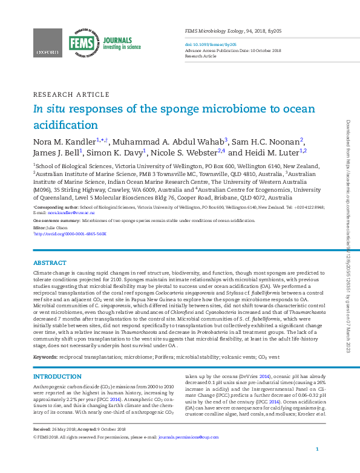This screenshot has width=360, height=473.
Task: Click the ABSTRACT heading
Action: [x=50, y=263]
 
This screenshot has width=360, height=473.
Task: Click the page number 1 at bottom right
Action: [x=318, y=466]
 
